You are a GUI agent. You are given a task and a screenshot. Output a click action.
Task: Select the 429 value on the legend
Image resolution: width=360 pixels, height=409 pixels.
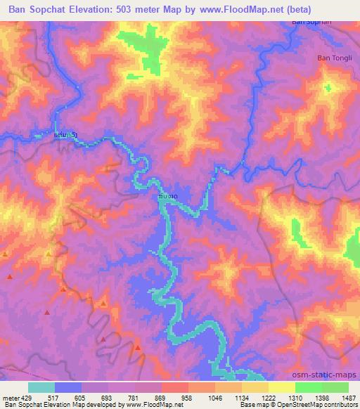coord(25,397)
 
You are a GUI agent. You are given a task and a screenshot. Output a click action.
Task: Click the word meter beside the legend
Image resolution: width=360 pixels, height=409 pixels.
coord(10,397)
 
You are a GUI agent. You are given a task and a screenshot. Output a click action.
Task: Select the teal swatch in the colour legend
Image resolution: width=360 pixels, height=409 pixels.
coord(41,387)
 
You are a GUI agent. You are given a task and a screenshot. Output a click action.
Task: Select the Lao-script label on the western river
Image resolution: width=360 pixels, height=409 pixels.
coord(65,133)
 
